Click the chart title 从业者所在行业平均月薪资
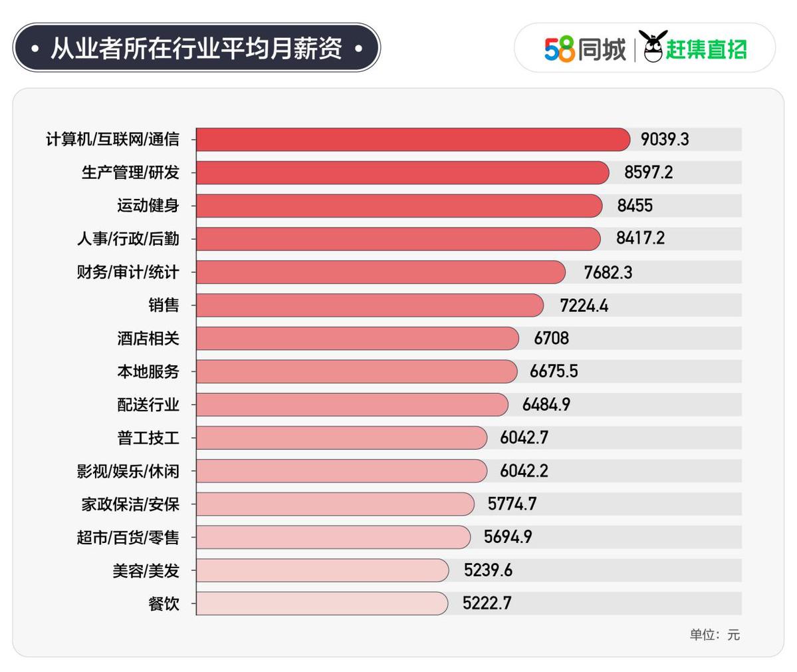pos(196,48)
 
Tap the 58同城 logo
pos(585,49)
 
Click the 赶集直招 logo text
pos(706,49)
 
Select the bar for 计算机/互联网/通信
pos(412,140)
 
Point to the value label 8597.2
pos(648,172)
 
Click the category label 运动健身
pos(148,206)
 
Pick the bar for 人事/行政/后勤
pos(398,239)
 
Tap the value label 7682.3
pos(608,272)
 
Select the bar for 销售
pos(369,305)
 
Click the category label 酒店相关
pos(148,338)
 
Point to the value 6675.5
pos(553,371)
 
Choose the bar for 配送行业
pos(352,405)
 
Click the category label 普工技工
pos(148,438)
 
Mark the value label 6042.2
pos(524,471)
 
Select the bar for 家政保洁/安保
pos(334,504)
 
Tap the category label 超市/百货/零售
pos(128,537)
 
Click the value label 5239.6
pos(488,570)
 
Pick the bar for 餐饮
pos(322,603)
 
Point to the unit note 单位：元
pos(714,635)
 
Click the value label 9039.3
pos(665,140)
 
